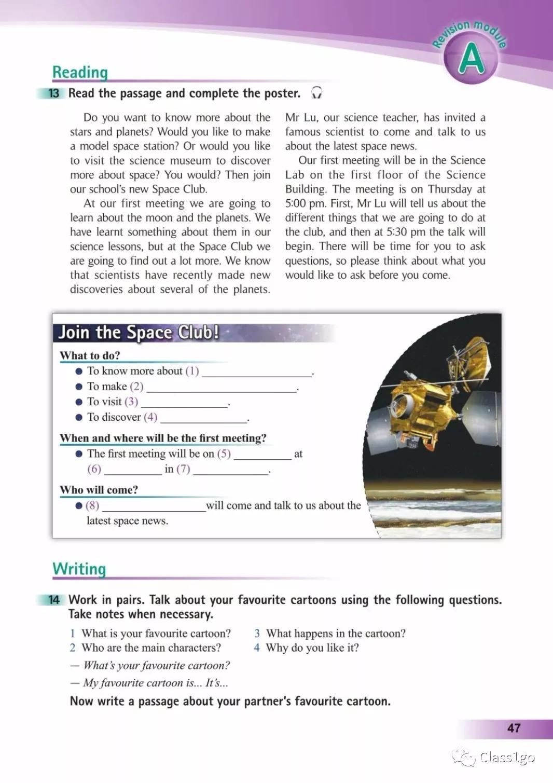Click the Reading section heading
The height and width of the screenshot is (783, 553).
(80, 72)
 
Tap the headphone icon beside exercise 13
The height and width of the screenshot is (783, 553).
(316, 93)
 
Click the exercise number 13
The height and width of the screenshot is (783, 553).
(54, 93)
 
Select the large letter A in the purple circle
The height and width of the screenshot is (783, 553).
(471, 59)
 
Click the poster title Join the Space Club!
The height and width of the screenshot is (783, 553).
(138, 332)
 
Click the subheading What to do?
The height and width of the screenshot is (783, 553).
(90, 355)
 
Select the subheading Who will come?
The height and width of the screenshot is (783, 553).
(99, 490)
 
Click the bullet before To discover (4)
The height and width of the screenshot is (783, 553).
(79, 417)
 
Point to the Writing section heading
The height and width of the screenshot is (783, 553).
(79, 569)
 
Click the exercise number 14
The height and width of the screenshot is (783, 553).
(54, 600)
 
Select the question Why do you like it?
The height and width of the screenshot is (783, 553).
(312, 648)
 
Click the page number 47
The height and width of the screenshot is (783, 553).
(514, 728)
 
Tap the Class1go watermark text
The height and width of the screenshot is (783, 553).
(507, 758)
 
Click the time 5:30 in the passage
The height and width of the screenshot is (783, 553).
(397, 232)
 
